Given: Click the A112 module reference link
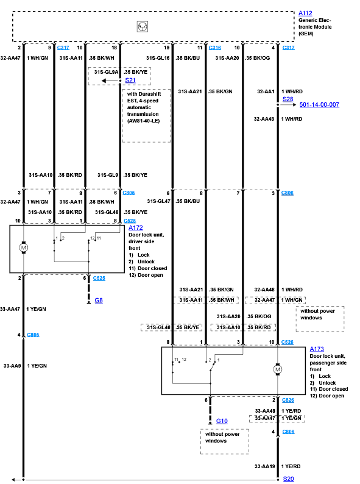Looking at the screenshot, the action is [305, 13].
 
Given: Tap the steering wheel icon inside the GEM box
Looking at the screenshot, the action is [142, 27].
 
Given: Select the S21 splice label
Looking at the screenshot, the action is [130, 80].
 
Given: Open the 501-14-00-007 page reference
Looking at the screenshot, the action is [319, 105].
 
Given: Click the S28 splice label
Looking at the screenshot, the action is [288, 99].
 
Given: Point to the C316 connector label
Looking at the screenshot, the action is [214, 48].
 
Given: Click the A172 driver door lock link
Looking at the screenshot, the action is [136, 228].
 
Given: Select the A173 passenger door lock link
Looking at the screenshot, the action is [317, 349].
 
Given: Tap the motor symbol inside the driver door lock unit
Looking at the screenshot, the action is [23, 247].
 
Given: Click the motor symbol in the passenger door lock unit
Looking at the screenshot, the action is [278, 369].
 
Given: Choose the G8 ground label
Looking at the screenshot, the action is [99, 301].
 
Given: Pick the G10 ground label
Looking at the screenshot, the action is [222, 421].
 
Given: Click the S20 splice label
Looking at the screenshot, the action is [289, 479].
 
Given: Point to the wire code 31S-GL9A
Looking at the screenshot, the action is [106, 72].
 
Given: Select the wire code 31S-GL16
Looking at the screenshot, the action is [158, 58].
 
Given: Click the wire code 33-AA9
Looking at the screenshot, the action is [12, 366].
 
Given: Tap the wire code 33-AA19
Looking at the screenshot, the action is [265, 466].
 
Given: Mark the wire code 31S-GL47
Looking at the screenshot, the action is [158, 201].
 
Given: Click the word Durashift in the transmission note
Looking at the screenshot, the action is [150, 94].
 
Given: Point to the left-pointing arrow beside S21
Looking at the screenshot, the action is [111, 80].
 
